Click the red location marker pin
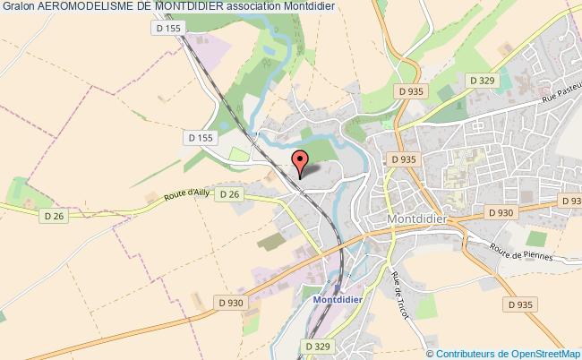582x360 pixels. (300, 162)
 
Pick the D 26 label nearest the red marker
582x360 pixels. (230, 194)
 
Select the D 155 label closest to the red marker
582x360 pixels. (201, 138)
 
